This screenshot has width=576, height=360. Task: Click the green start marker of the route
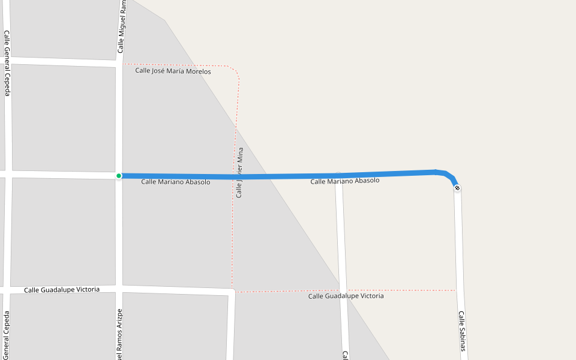(119, 176)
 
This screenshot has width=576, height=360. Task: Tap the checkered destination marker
(457, 188)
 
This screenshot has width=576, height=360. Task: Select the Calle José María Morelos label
(173, 71)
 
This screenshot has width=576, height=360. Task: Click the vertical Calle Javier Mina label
(239, 173)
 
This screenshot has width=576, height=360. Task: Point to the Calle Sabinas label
(461, 331)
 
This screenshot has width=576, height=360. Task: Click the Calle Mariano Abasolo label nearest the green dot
(175, 182)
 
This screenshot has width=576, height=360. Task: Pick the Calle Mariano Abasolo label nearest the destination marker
(344, 181)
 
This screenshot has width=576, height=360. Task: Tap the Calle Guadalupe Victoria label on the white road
(62, 290)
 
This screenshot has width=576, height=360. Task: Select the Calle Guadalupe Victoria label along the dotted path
(346, 296)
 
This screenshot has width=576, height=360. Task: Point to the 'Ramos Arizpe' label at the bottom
(119, 335)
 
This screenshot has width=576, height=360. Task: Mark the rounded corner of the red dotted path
(236, 71)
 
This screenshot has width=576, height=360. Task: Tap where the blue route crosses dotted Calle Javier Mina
(235, 177)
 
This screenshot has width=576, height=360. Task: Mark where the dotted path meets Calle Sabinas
(455, 290)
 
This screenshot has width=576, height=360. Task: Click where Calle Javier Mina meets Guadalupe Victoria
(233, 292)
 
